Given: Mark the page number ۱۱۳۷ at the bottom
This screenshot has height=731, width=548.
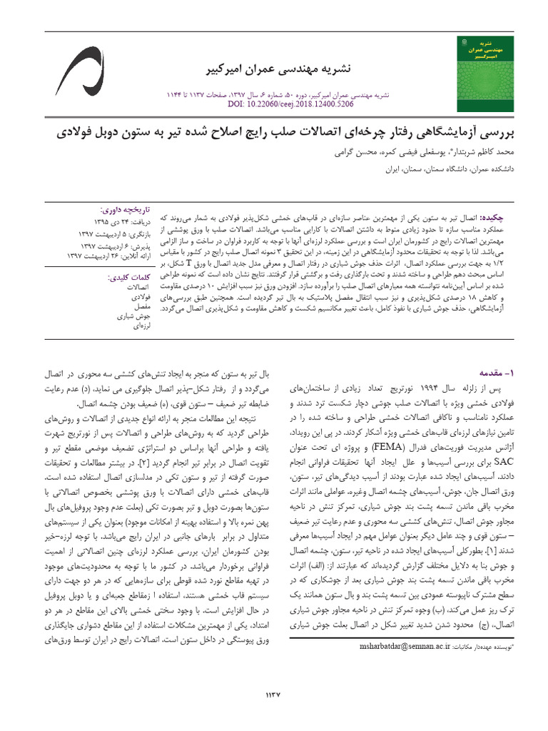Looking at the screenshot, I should (x=274, y=694).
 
